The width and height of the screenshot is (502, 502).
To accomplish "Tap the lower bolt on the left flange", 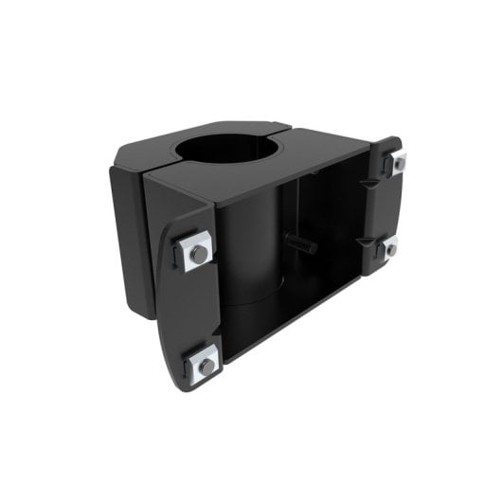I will click(203, 364).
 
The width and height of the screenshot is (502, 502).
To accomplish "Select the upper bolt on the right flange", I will click(399, 163).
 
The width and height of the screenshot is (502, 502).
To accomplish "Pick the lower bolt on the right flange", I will click(388, 249).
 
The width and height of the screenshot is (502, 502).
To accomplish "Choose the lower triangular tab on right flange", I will click(365, 242).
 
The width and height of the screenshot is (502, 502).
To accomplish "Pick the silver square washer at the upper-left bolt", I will click(196, 251).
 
